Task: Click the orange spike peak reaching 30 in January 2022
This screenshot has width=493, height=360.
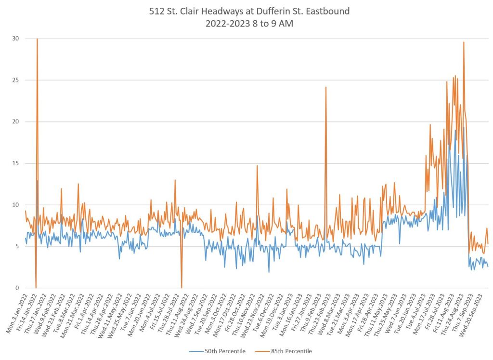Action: click(37, 39)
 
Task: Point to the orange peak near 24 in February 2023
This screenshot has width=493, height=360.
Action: click(326, 87)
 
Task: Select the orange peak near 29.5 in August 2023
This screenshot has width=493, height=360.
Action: click(464, 42)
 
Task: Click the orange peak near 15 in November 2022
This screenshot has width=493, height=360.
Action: click(257, 166)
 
